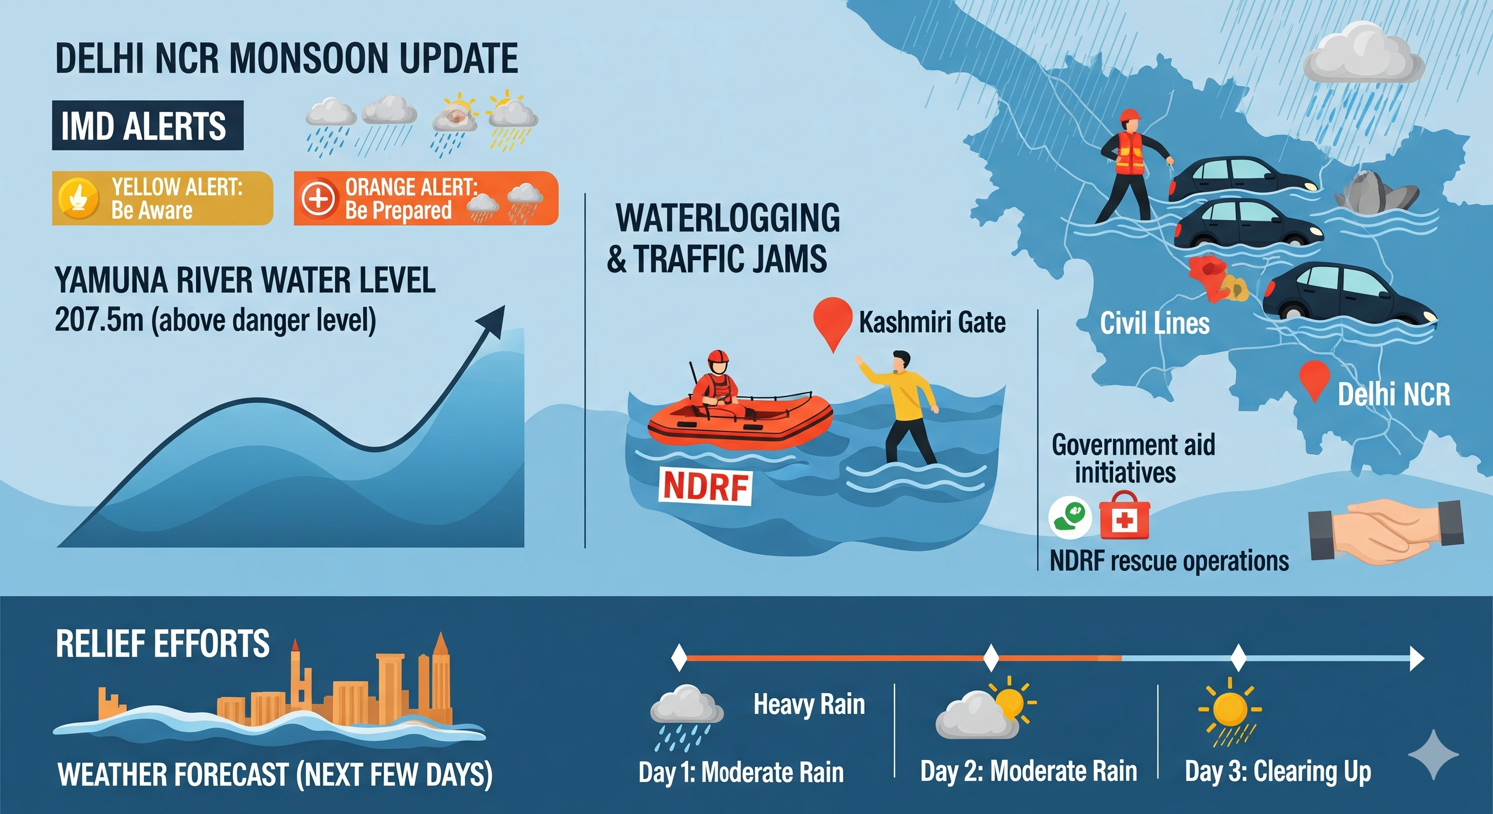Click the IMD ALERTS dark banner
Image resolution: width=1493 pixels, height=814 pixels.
pos(148,125)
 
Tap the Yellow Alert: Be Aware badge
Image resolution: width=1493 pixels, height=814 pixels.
pos(162,198)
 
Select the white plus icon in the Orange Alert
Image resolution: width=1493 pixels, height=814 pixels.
pos(318,199)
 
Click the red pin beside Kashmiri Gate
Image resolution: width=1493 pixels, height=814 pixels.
pos(833,322)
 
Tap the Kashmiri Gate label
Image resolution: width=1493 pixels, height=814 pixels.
pos(932,323)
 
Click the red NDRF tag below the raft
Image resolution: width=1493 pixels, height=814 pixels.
pos(705,485)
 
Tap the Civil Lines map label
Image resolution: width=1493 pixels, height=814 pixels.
pos(1155,323)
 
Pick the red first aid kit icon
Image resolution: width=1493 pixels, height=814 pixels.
pos(1125,516)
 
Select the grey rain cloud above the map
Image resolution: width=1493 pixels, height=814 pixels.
pos(1363,54)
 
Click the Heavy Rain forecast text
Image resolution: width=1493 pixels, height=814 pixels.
pos(809,705)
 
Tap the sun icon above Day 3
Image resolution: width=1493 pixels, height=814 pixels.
pos(1230,708)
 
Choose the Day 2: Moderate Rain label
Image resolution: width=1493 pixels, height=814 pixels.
pos(1029,771)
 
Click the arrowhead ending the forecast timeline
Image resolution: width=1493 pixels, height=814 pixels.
pos(1417,658)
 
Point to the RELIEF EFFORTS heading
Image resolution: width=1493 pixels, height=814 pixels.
pos(163,644)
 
